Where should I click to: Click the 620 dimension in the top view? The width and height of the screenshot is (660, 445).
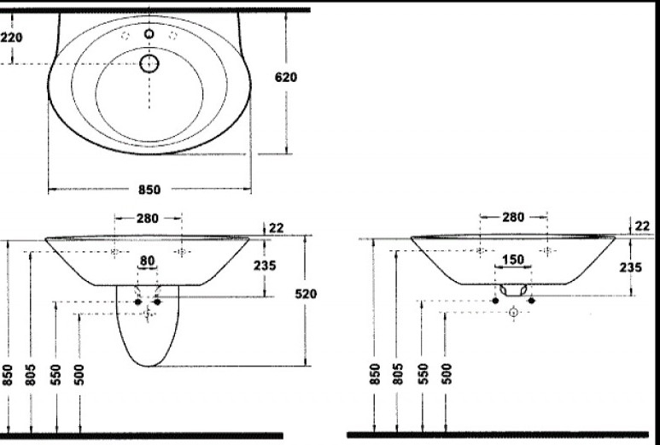click(x=286, y=78)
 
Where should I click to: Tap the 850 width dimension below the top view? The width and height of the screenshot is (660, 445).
click(x=149, y=190)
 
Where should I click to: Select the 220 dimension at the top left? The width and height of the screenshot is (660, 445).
click(x=11, y=38)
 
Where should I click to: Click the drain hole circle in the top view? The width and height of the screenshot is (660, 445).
click(x=149, y=64)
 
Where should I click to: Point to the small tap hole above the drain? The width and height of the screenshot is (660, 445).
click(x=149, y=33)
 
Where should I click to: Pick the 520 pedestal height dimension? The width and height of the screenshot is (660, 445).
click(x=306, y=294)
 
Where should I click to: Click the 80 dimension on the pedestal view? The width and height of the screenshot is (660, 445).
click(x=147, y=261)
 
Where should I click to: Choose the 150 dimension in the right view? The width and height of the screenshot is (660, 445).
click(x=513, y=260)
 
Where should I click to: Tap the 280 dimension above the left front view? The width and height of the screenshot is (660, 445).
click(x=148, y=219)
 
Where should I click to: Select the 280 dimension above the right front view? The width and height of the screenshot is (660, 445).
click(x=513, y=217)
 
